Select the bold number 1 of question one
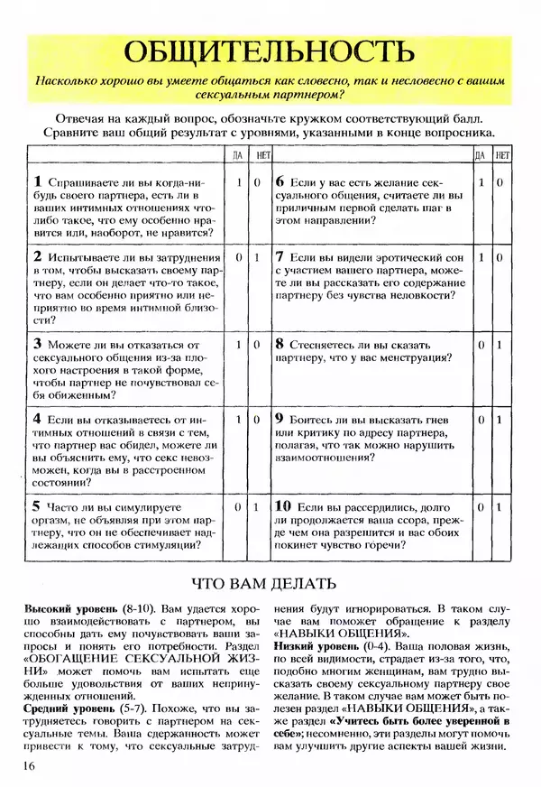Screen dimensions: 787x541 [x=38, y=181]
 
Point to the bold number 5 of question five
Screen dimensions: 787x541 [x=38, y=508]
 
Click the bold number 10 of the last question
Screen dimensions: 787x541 [x=283, y=508]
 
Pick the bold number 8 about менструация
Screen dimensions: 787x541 [x=280, y=345]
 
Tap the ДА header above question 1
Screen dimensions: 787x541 [x=237, y=155]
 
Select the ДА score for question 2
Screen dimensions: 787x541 [x=237, y=258]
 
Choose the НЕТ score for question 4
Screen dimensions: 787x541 [x=257, y=421]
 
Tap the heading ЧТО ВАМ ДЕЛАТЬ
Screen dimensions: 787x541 [x=270, y=582]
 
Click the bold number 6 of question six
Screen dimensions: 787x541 [x=280, y=181]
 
